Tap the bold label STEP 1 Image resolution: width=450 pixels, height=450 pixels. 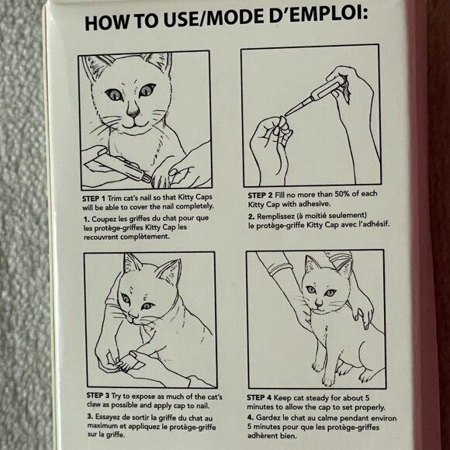point(94,199)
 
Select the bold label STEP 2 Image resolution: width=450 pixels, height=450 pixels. point(260,196)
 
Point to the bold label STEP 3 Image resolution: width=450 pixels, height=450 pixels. point(98,396)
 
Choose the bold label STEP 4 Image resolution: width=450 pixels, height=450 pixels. point(259,398)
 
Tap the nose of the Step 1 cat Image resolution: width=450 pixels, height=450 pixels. point(133,112)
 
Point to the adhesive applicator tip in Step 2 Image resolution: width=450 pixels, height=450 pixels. point(287,113)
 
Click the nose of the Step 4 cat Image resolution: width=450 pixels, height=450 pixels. point(319,303)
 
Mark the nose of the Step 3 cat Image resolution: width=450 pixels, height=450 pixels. point(132,316)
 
